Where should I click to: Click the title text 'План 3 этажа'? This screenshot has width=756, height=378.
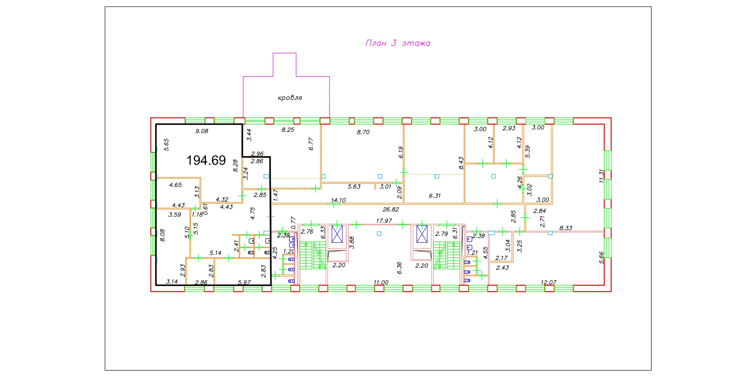398,43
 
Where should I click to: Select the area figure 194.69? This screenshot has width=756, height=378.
206,160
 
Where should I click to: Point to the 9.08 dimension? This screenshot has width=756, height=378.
202,131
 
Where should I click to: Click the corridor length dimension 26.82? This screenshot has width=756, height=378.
391,209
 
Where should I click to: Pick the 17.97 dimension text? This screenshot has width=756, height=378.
384,221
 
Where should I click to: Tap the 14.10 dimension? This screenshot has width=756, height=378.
338,200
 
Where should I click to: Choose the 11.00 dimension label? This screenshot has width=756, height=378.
381,282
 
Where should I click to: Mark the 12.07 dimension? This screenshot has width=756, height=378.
548,282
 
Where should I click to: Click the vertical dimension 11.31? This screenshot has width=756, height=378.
601,176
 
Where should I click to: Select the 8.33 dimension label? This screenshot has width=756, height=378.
566,228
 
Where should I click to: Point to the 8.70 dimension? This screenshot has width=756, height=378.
363,132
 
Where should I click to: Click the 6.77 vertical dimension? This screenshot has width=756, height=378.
311,144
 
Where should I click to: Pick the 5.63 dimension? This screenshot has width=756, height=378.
354,187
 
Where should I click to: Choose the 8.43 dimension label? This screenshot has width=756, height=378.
461,163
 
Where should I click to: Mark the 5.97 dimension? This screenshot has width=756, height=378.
244,282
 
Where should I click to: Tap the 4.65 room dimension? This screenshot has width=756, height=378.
176,185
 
